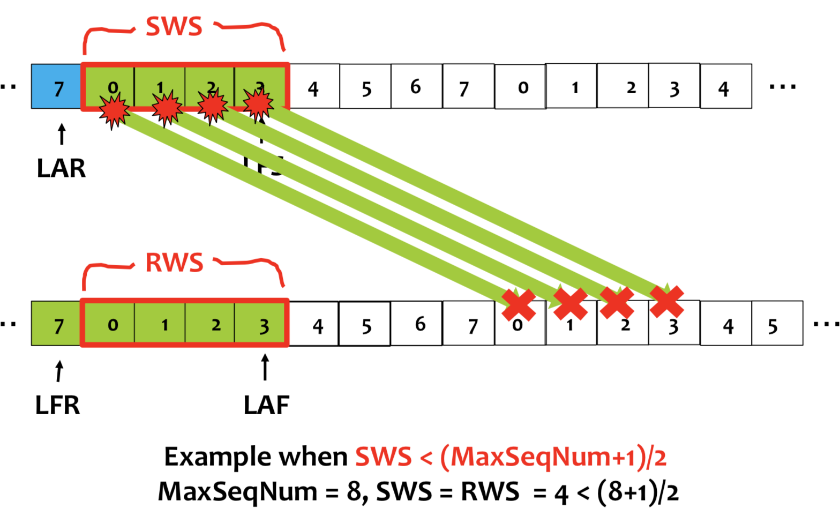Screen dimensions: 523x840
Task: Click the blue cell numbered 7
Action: click(57, 87)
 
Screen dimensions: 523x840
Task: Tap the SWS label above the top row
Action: click(174, 26)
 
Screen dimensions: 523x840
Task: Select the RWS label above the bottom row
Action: click(175, 263)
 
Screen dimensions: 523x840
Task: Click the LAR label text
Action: click(61, 169)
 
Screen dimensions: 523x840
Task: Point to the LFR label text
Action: click(57, 406)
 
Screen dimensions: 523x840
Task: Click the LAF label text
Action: click(266, 406)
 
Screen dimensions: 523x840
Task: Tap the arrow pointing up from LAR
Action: click(62, 134)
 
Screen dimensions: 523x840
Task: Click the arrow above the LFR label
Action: click(59, 371)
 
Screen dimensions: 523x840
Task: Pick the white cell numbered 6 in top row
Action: click(416, 87)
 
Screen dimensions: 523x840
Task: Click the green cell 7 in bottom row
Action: click(57, 324)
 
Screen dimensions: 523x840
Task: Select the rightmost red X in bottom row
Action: click(666, 302)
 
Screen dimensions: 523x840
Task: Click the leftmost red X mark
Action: click(519, 305)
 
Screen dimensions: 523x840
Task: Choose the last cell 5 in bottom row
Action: click(777, 324)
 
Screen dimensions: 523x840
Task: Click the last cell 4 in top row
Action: click(725, 87)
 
